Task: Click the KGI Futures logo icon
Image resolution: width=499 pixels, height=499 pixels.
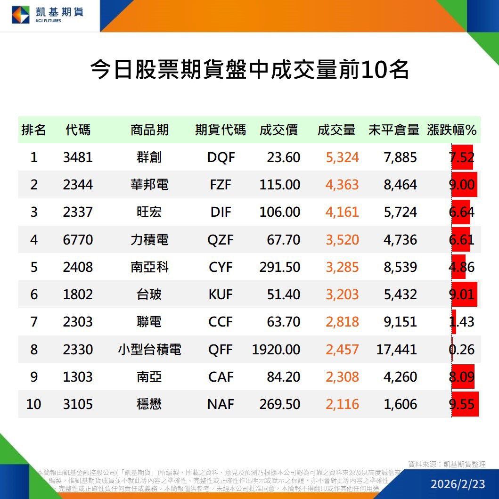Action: click(20, 14)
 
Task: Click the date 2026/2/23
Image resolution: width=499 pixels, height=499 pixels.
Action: click(458, 484)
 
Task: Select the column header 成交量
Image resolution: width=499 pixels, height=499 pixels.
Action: click(336, 130)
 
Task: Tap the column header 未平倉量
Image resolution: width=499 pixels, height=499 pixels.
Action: click(393, 130)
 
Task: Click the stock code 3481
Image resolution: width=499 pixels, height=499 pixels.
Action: click(78, 157)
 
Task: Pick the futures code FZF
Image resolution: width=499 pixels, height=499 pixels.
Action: click(221, 185)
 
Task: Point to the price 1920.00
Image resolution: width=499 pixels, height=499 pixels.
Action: click(276, 350)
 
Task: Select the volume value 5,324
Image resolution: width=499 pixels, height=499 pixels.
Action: click(342, 157)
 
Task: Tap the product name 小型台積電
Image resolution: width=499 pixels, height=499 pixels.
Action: click(149, 350)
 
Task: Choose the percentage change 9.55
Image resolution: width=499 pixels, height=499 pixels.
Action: click(462, 404)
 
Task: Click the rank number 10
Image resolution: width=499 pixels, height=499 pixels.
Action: click(33, 404)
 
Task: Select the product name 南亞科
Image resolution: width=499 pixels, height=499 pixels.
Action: click(149, 267)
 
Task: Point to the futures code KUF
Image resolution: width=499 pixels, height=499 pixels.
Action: click(221, 294)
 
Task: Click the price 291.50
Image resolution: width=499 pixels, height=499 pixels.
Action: click(279, 267)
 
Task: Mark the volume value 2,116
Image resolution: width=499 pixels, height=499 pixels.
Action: click(342, 404)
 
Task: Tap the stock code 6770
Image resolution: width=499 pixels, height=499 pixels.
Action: click(78, 240)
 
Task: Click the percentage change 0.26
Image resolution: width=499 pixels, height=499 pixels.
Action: click(462, 350)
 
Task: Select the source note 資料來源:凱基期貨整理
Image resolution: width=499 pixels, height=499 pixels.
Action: click(447, 464)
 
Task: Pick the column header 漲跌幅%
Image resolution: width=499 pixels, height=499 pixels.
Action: click(452, 130)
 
